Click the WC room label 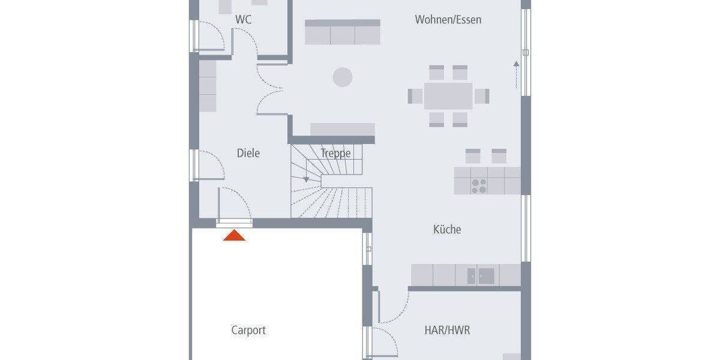coord(243,20)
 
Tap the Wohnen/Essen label coord(448,20)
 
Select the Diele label coord(248,153)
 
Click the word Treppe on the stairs coord(335,153)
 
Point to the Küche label coord(447,229)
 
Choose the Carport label coord(248,330)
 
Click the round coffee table coord(343,77)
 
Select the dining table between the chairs coord(448,96)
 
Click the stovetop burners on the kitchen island coord(479,186)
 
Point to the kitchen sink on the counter coord(481,276)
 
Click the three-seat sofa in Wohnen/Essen coord(343,32)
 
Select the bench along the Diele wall coord(208,85)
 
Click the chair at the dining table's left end coord(415,96)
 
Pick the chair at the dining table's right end coord(482,96)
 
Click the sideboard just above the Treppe coord(342,130)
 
